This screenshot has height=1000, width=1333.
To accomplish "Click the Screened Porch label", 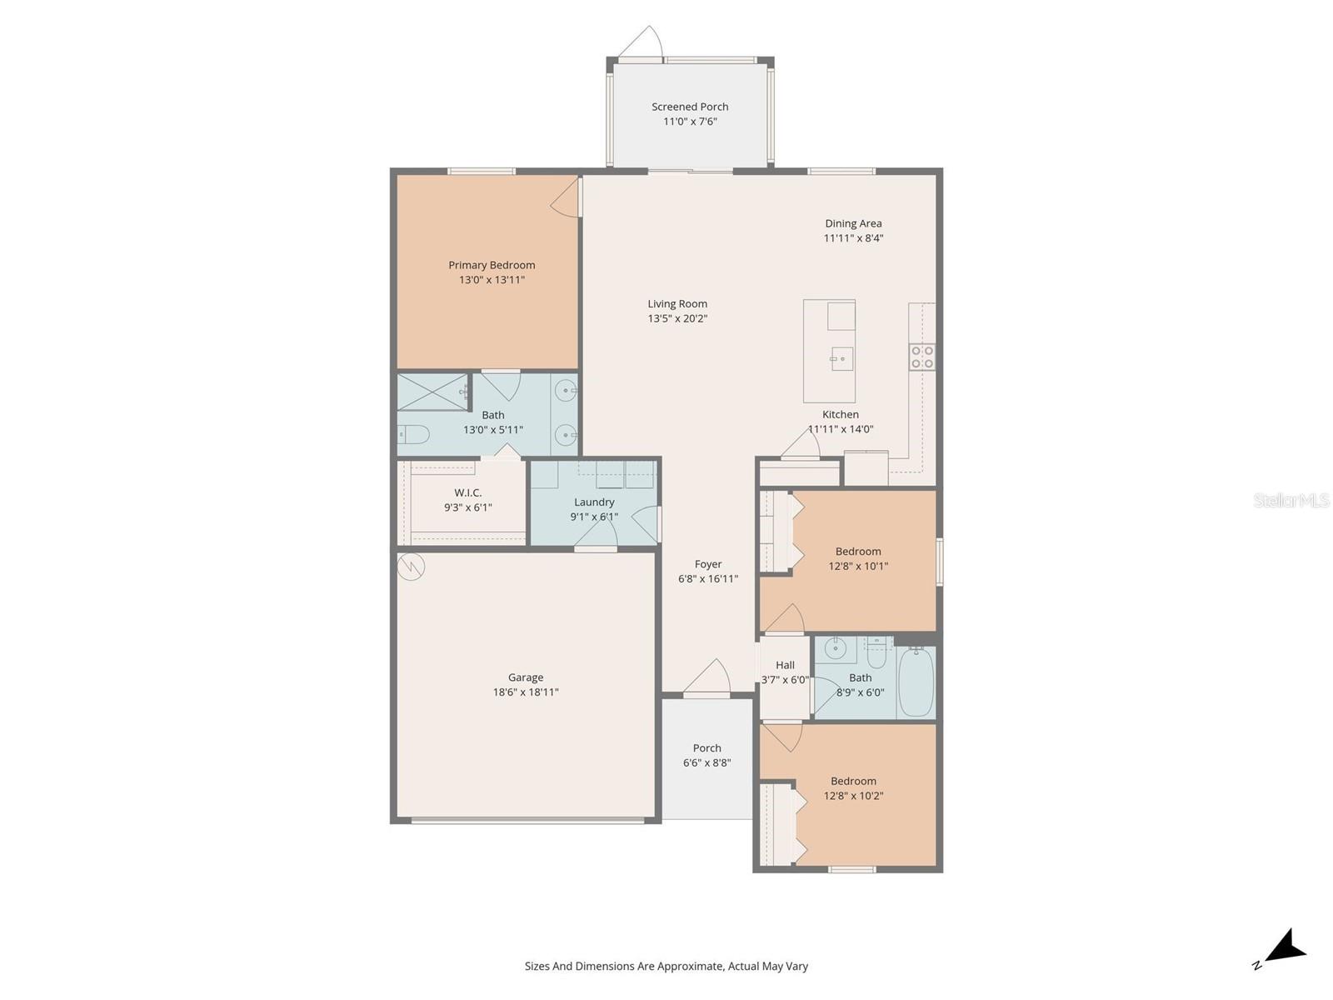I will pyautogui.click(x=690, y=107).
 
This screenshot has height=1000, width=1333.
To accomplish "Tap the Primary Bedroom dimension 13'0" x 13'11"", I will pyautogui.click(x=492, y=280).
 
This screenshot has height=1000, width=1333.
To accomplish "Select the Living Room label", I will pyautogui.click(x=677, y=304).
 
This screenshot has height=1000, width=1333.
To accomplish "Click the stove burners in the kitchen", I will pyautogui.click(x=922, y=357).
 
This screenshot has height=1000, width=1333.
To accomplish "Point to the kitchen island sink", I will pyautogui.click(x=841, y=359).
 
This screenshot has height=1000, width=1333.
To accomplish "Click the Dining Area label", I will pyautogui.click(x=853, y=223).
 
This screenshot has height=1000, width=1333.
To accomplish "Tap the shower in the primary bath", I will pyautogui.click(x=433, y=392).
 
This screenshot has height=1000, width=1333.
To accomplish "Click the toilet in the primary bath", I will pyautogui.click(x=413, y=434).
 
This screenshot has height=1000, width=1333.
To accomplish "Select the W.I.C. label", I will pyautogui.click(x=467, y=492).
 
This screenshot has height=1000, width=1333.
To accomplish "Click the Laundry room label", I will pyautogui.click(x=594, y=502).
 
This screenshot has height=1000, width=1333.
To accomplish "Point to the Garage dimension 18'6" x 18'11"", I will pyautogui.click(x=526, y=692).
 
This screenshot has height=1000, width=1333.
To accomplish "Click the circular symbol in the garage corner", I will pyautogui.click(x=411, y=567).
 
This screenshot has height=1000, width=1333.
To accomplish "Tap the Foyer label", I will pyautogui.click(x=708, y=564).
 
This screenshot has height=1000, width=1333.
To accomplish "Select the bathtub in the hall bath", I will pyautogui.click(x=916, y=682).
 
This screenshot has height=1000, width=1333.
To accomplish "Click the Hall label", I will pyautogui.click(x=785, y=665).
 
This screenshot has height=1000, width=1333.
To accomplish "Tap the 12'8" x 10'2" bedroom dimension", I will pyautogui.click(x=853, y=796).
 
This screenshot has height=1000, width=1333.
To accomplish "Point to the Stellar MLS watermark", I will pyautogui.click(x=1291, y=500).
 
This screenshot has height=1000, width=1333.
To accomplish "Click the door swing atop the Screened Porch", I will pyautogui.click(x=642, y=43).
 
